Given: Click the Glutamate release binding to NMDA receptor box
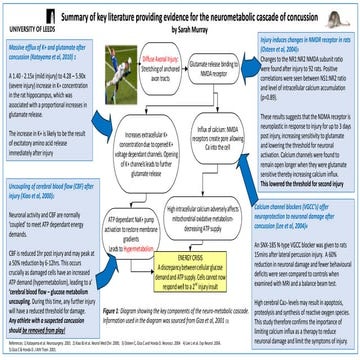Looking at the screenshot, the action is pyautogui.click(x=216, y=68).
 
